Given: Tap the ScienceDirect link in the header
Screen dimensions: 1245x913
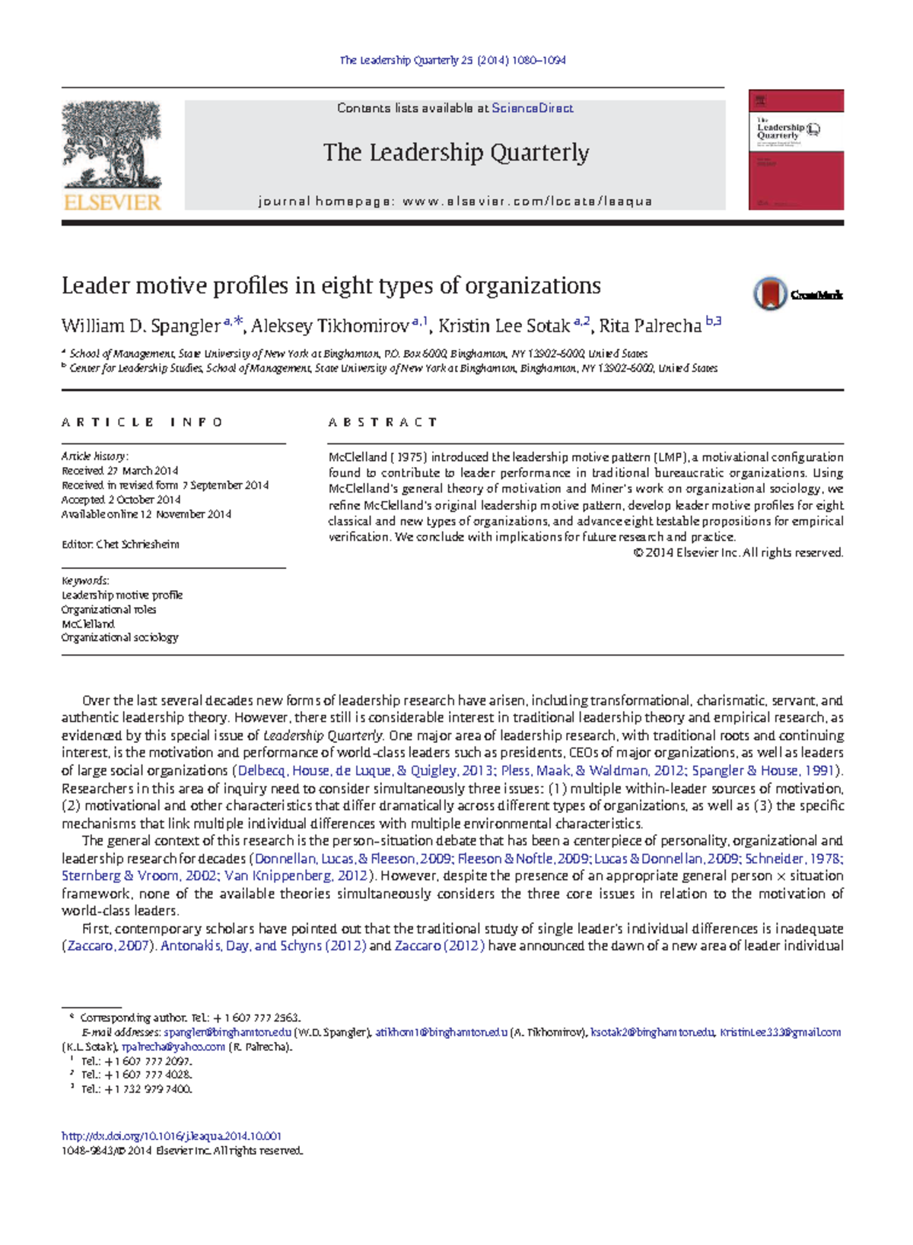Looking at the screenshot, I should tap(532, 108).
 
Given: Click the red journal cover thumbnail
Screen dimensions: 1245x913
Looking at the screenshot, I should tap(796, 150).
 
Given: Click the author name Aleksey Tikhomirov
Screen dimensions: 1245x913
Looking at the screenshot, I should tap(330, 326).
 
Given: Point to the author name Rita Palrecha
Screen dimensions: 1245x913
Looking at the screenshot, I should tap(650, 326).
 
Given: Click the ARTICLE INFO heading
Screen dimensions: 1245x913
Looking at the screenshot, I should tap(142, 422).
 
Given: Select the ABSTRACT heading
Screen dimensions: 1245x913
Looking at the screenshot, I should tap(383, 422).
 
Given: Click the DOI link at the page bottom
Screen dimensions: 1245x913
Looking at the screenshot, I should tap(171, 1136).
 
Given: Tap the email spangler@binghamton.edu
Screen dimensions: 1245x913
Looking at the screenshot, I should tap(227, 1032).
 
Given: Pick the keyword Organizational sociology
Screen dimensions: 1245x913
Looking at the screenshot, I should tap(120, 637).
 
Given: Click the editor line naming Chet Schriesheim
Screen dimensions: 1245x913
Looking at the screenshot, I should tap(120, 545).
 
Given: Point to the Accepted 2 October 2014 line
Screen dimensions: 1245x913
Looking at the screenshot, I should tap(121, 500).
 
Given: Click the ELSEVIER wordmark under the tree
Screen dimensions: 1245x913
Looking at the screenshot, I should tap(112, 202).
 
